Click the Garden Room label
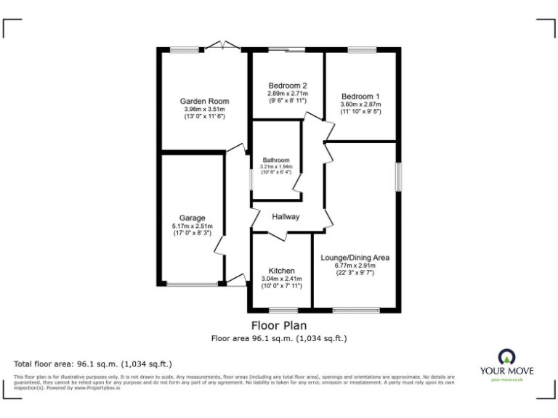pyautogui.click(x=204, y=101)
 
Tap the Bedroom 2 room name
pyautogui.click(x=287, y=85)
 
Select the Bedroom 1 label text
pyautogui.click(x=360, y=96)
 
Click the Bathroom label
pyautogui.click(x=276, y=160)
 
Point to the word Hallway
pyautogui.click(x=286, y=217)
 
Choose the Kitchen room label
pyautogui.click(x=280, y=269)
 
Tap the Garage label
pyautogui.click(x=193, y=218)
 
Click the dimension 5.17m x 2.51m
pyautogui.click(x=193, y=226)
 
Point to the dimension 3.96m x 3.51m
pyautogui.click(x=204, y=109)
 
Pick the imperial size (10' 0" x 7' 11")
pyautogui.click(x=280, y=285)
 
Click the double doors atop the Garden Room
pyautogui.click(x=222, y=47)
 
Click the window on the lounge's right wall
pyautogui.click(x=398, y=176)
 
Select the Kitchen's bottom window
pyautogui.click(x=279, y=311)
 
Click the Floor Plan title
pyautogui.click(x=279, y=325)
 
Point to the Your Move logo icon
pyautogui.click(x=506, y=356)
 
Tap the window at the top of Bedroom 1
pyautogui.click(x=360, y=50)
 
